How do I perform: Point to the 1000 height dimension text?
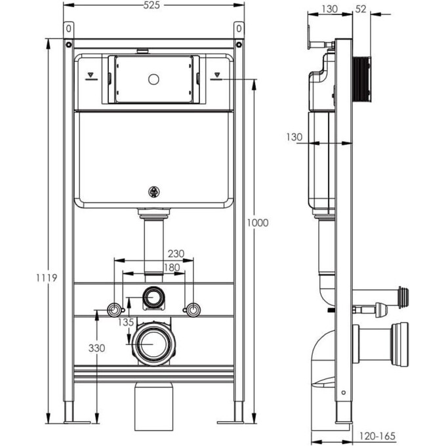[258, 223]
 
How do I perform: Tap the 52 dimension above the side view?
[359, 9]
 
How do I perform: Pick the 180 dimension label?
[154, 267]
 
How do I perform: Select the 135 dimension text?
[127, 322]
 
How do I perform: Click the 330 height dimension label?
[97, 348]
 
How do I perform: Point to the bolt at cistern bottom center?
[155, 193]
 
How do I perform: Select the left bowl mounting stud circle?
[115, 309]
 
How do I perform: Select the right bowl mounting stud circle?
[192, 309]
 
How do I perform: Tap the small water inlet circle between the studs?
[154, 298]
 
